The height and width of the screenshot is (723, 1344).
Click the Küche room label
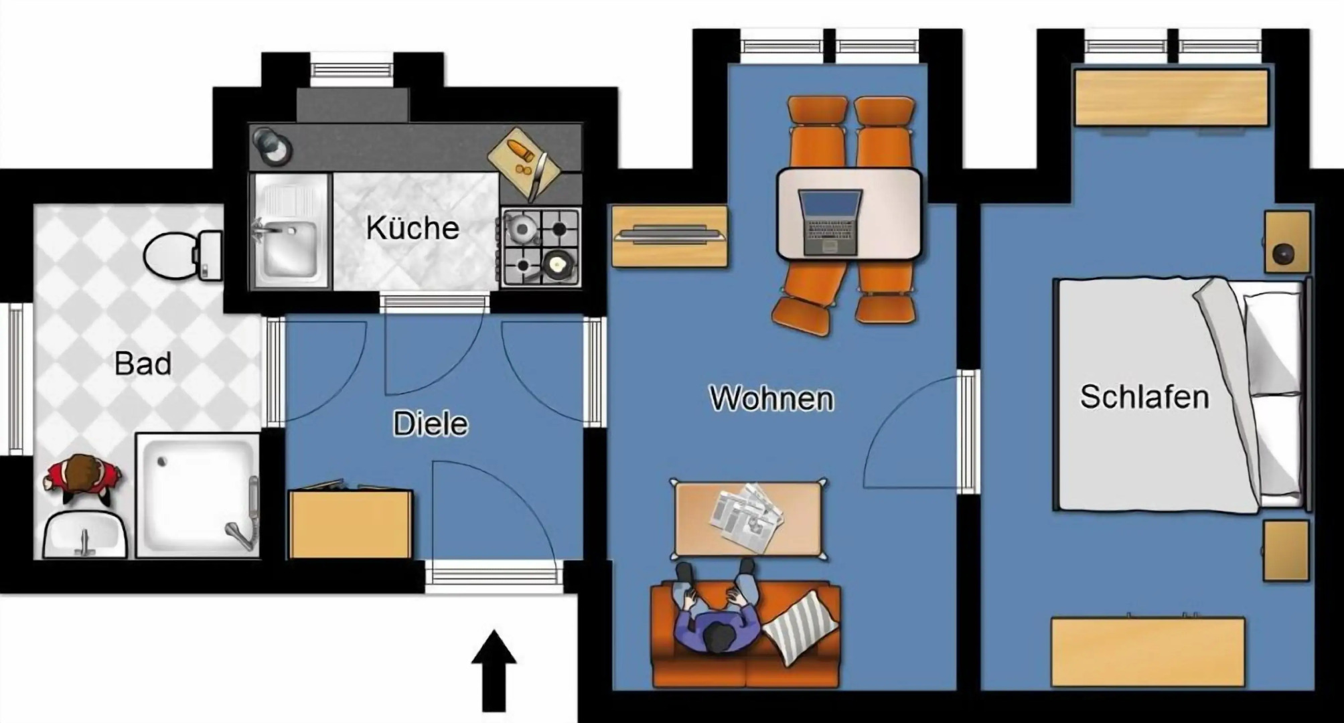(x=412, y=228)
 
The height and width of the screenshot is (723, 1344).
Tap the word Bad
(x=143, y=364)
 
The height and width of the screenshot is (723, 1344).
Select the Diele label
(x=430, y=424)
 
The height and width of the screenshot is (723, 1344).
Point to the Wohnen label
(x=771, y=398)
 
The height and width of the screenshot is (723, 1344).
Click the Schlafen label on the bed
(x=1144, y=397)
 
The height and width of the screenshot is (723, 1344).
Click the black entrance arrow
(x=494, y=669)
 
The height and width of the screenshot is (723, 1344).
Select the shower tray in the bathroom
(x=196, y=494)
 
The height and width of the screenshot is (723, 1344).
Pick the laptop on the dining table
(x=830, y=222)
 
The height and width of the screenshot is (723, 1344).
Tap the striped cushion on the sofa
(x=800, y=627)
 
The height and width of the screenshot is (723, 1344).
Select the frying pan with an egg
(x=556, y=264)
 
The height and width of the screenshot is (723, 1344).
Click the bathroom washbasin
(x=85, y=536)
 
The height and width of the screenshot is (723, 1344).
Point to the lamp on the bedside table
(x=1283, y=254)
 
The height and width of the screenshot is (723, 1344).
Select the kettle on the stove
(x=521, y=230)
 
